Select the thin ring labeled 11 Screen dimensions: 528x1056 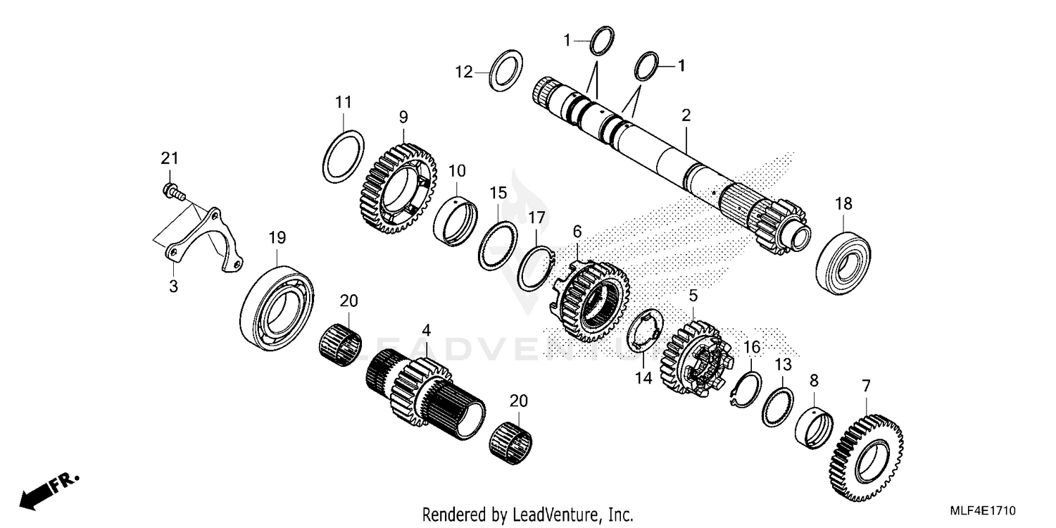(344, 156)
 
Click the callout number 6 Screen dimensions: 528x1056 (577, 231)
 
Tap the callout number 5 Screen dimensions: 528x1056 (693, 295)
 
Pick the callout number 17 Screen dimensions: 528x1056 (536, 218)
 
